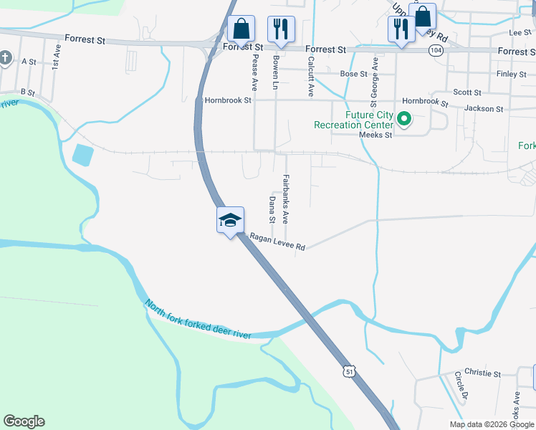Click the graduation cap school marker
pos(231,220)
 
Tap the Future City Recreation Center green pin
pos(404,119)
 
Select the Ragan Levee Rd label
pos(277,242)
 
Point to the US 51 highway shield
pos(348,371)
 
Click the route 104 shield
pos(436,50)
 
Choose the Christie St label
pos(482,373)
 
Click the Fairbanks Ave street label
pos(285,199)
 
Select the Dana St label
pos(272,209)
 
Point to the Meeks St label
pos(375,135)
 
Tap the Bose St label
pos(354,74)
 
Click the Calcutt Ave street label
pos(311,77)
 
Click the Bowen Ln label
pos(276,72)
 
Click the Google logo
pos(24,421)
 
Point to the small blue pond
pos(82,154)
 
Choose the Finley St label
pos(511,74)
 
